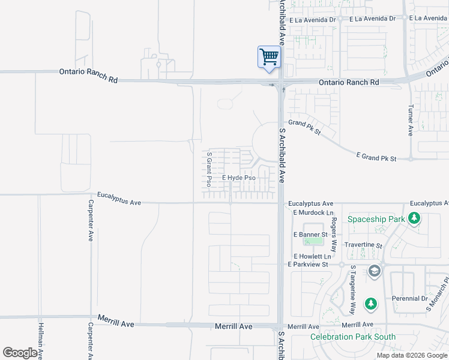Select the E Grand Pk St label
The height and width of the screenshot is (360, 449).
coord(376,158)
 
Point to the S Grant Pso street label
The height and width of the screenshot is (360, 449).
coord(209,169)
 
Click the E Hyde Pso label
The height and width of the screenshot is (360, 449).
coord(239,178)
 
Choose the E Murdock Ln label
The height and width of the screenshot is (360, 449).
coord(313,213)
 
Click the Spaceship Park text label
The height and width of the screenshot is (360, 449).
coord(376,219)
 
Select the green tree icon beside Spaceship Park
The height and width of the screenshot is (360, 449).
coord(414,218)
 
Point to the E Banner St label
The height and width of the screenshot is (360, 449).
coord(310,234)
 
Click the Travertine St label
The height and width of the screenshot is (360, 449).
coord(363,245)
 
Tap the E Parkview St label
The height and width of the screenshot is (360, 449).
coord(308,265)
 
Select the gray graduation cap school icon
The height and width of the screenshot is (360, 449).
coord(375,272)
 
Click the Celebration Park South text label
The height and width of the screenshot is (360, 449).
coord(353,337)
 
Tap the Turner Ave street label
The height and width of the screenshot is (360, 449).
coord(411,121)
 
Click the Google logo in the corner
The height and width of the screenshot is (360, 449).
coord(20,353)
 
